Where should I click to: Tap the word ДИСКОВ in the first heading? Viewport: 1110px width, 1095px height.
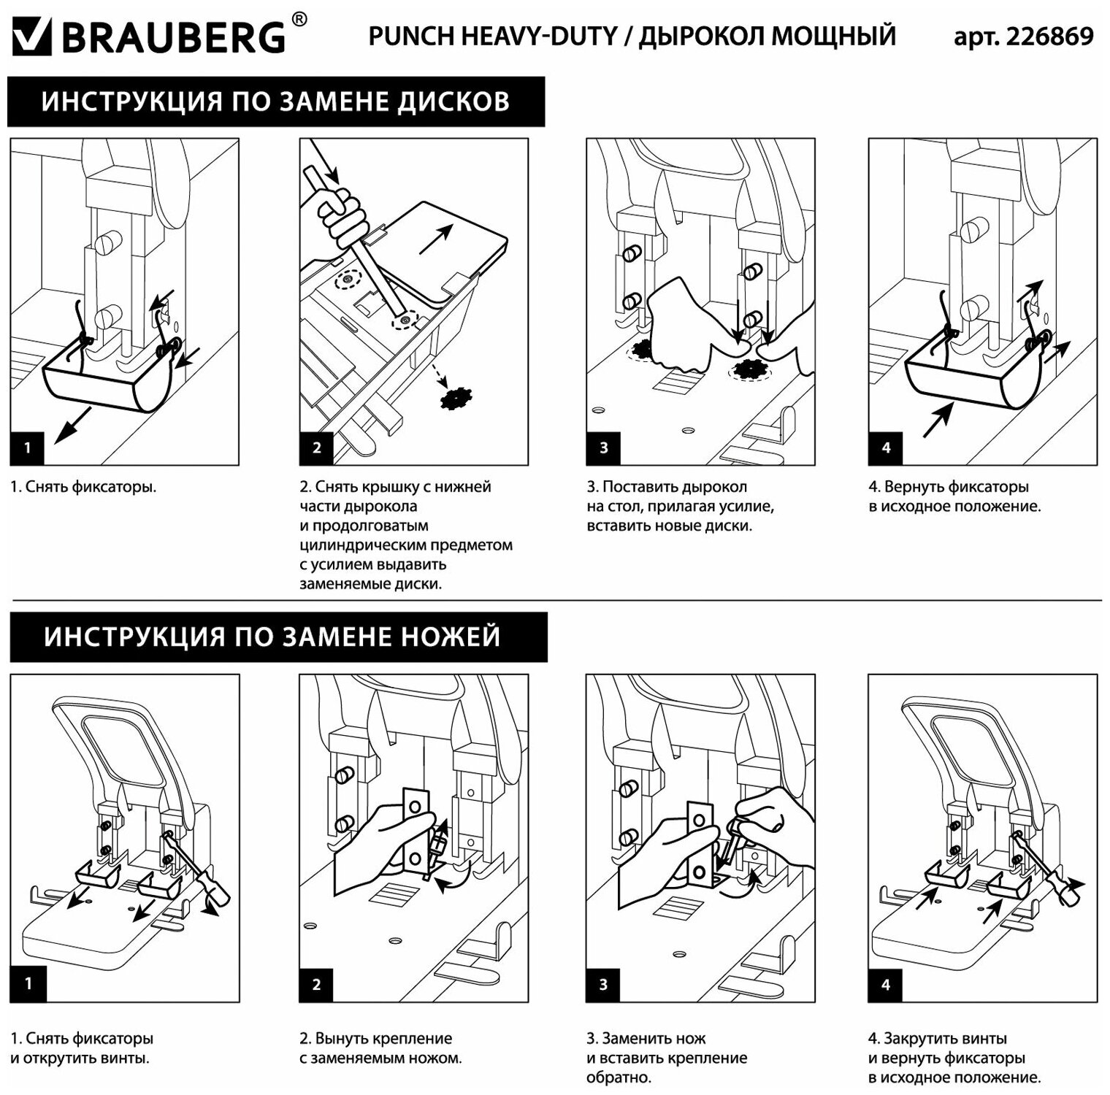click(453, 101)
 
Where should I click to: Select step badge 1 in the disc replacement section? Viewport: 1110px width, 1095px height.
click(28, 447)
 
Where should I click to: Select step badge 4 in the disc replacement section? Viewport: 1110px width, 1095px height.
click(886, 447)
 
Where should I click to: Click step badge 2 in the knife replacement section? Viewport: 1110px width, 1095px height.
click(316, 984)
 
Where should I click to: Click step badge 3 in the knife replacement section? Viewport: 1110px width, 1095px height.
click(603, 984)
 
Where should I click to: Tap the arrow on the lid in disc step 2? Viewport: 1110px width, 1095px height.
click(437, 239)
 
